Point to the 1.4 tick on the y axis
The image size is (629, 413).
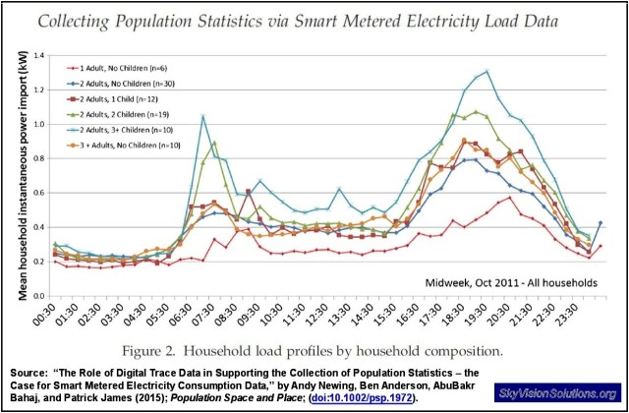coord(39,56)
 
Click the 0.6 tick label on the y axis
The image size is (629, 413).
coord(39,193)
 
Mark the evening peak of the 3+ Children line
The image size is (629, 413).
coord(486,71)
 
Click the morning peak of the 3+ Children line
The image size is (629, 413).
coord(202,116)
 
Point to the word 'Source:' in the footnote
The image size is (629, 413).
coord(28,372)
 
